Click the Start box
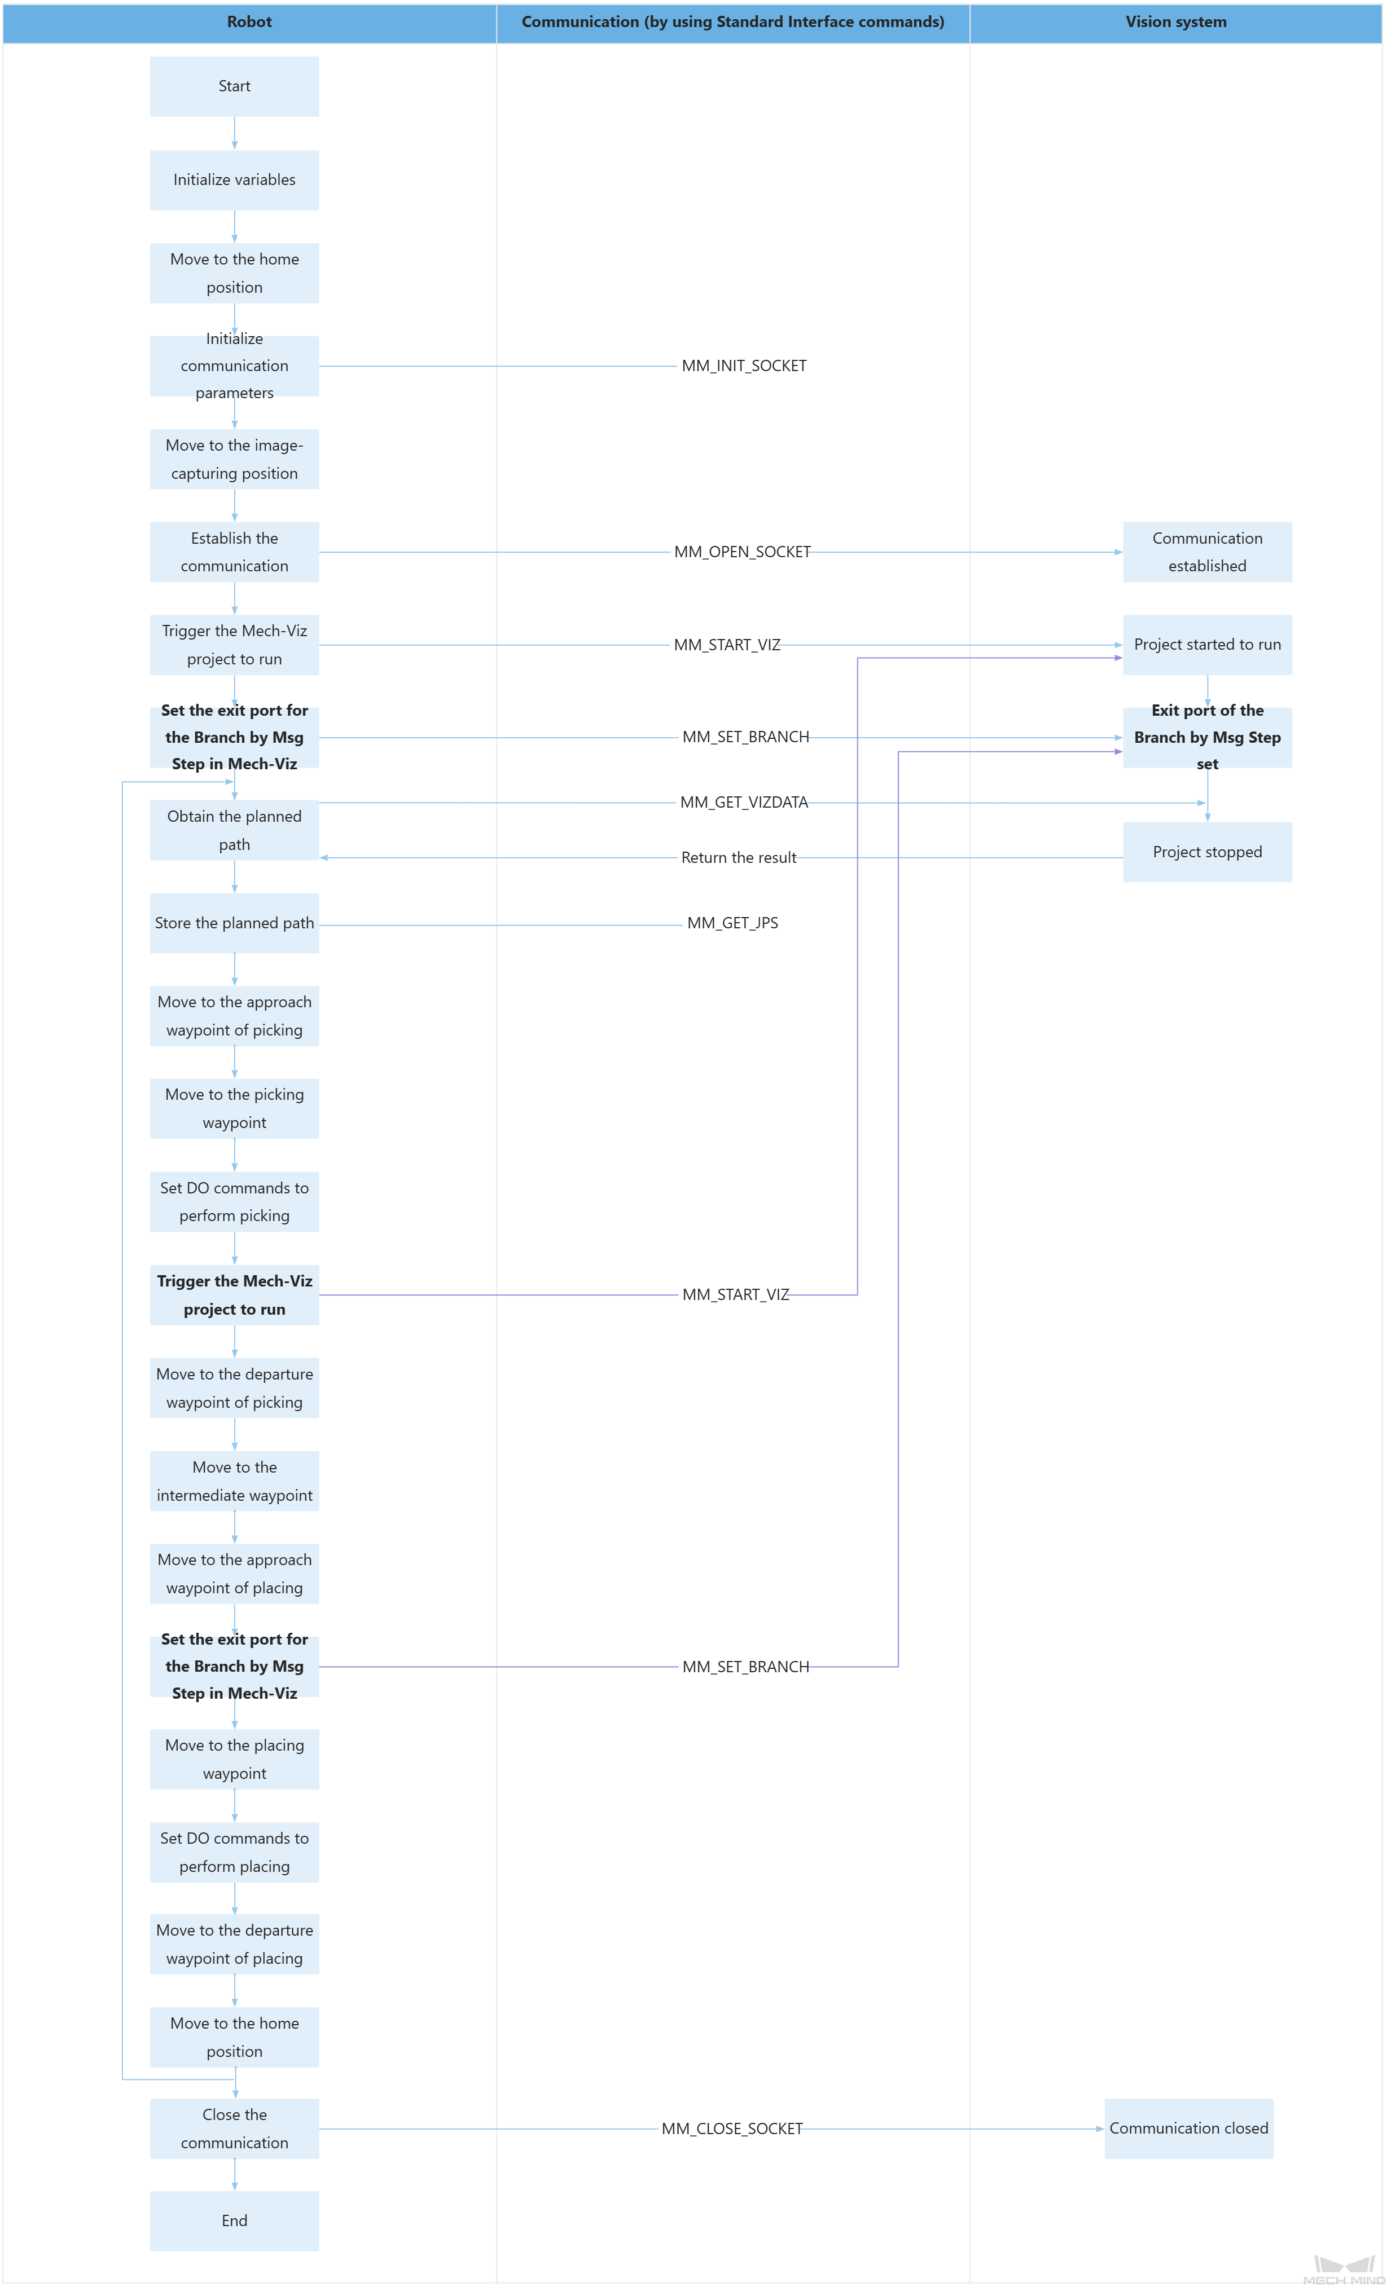point(234,86)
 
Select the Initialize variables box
point(234,180)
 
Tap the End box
point(234,2220)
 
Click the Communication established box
point(1207,552)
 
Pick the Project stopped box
point(1207,852)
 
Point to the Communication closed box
point(1188,2129)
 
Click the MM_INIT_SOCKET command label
point(744,365)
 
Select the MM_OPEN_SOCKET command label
point(742,552)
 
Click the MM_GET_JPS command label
point(732,923)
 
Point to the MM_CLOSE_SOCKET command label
point(731,2129)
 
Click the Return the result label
point(738,858)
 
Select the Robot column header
point(249,22)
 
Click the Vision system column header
point(1175,22)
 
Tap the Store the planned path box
point(234,923)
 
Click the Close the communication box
point(234,2129)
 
